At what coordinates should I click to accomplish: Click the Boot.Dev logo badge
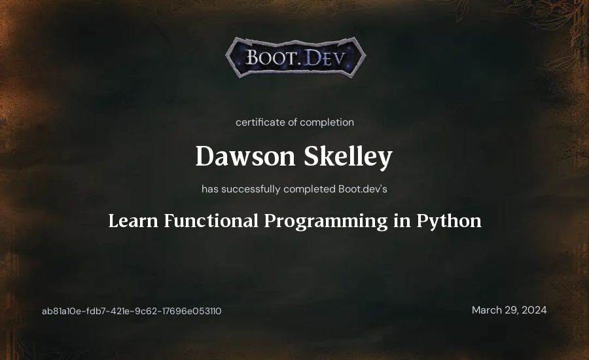[x=296, y=58]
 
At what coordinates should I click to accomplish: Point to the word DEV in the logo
[x=324, y=58]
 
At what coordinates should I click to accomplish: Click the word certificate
[x=260, y=122]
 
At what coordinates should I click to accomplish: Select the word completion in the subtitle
[x=327, y=122]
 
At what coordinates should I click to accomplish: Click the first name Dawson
[x=245, y=156]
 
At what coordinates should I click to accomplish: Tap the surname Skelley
[x=348, y=156]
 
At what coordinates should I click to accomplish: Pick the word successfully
[x=251, y=189]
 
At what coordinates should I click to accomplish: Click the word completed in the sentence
[x=310, y=189]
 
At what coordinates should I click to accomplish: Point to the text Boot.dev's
[x=363, y=189]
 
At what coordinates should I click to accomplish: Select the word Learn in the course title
[x=134, y=221]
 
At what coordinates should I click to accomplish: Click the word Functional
[x=211, y=221]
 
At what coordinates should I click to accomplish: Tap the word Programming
[x=326, y=222]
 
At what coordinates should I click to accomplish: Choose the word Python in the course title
[x=449, y=221]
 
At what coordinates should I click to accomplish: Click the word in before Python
[x=402, y=221]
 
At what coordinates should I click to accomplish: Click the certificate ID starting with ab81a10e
[x=132, y=311]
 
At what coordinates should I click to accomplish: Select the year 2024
[x=534, y=310]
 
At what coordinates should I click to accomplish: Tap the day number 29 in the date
[x=511, y=310]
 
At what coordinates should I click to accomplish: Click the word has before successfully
[x=210, y=189]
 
